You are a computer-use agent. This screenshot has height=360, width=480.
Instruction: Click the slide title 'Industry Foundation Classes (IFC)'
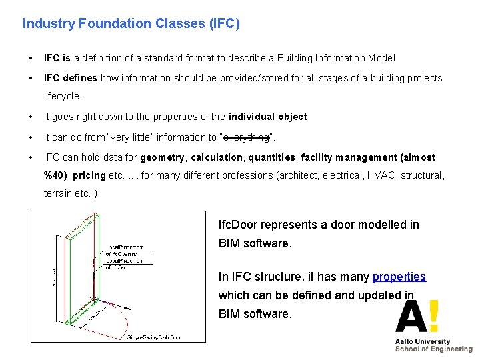click(x=131, y=24)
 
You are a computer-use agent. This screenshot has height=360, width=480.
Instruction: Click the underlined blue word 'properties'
click(x=399, y=277)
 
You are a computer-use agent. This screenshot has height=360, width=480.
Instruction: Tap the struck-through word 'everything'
click(x=247, y=137)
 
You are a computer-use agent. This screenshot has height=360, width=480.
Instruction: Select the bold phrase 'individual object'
click(x=268, y=117)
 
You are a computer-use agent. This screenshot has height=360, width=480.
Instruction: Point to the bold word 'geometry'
click(x=163, y=157)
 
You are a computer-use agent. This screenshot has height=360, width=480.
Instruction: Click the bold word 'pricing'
click(x=89, y=175)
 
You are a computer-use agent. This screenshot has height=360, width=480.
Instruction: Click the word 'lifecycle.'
click(x=63, y=96)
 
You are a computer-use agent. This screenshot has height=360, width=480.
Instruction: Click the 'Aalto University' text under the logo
click(x=422, y=341)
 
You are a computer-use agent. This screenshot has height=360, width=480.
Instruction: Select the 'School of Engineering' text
click(x=433, y=349)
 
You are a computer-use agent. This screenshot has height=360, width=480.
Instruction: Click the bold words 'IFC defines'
click(x=70, y=78)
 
